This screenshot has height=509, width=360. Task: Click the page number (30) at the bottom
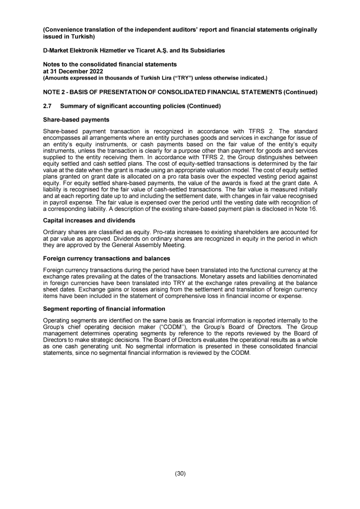coord(180,473)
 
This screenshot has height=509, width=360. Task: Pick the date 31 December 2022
coord(76,70)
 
